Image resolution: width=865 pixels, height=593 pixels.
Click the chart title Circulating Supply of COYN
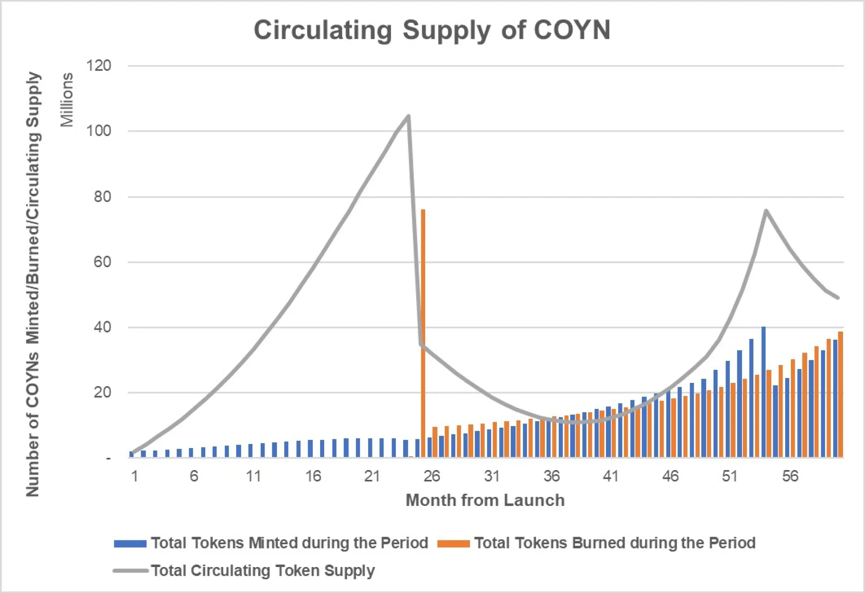[432, 30]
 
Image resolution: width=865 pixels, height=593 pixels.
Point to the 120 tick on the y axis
[99, 66]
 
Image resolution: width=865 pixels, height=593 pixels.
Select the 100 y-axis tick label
[99, 131]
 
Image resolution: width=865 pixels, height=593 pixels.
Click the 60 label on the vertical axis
[102, 262]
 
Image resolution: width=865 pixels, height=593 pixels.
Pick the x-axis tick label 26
[432, 476]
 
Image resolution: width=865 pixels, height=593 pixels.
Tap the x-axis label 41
[610, 476]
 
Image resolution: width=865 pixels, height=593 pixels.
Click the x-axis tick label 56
[790, 476]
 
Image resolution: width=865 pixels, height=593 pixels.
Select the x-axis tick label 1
[135, 476]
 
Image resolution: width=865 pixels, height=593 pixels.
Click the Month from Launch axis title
[485, 500]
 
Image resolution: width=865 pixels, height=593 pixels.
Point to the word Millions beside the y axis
[67, 100]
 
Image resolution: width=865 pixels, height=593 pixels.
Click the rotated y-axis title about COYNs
[33, 284]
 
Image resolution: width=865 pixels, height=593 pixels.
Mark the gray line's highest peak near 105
[409, 116]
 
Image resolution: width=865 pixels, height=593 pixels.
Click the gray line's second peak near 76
[765, 211]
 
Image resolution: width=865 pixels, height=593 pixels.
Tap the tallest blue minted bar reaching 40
[763, 391]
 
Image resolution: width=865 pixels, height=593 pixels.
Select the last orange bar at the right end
[840, 395]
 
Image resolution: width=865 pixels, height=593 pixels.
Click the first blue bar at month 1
[131, 454]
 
